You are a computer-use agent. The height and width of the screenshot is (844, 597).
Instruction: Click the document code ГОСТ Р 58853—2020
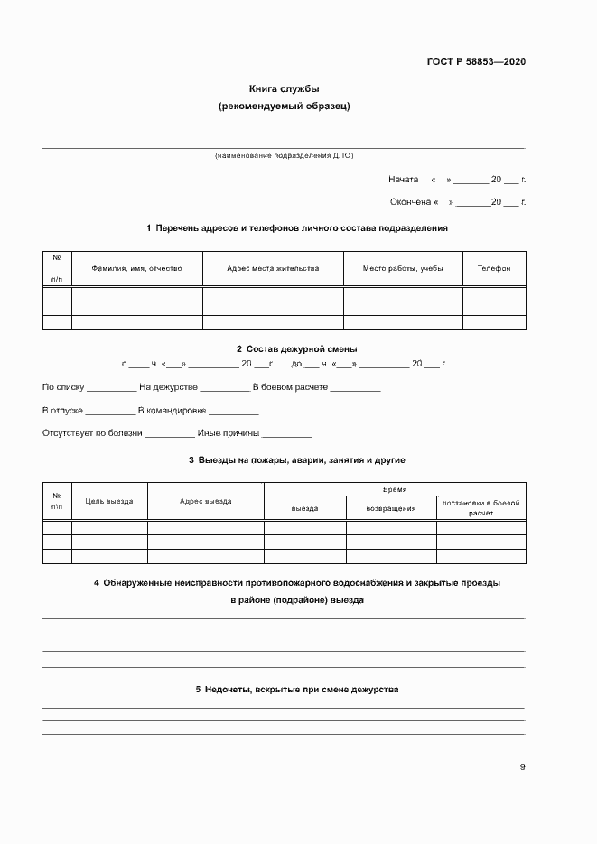[476, 61]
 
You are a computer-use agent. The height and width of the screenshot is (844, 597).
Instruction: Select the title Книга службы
[285, 88]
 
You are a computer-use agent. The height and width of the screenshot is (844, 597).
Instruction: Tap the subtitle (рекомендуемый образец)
[285, 106]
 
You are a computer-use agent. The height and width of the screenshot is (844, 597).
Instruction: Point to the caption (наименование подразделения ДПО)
[284, 156]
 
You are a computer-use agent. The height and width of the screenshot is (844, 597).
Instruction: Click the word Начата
[403, 179]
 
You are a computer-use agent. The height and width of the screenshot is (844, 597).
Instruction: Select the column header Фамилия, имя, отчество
[136, 268]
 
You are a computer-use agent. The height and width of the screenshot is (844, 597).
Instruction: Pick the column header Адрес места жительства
[273, 268]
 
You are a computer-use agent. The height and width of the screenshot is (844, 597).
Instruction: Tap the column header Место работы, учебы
[403, 268]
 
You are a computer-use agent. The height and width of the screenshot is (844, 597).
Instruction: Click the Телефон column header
[494, 268]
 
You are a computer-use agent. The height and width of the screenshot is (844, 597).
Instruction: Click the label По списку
[63, 387]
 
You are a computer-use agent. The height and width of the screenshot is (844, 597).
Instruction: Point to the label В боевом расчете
[290, 387]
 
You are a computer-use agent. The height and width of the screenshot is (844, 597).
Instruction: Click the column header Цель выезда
[109, 501]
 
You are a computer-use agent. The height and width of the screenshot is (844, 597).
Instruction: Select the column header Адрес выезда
[205, 501]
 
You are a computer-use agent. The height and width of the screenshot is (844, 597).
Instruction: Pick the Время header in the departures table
[395, 489]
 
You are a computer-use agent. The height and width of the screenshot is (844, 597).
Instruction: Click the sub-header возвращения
[391, 508]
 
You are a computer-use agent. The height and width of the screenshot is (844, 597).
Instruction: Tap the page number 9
[522, 767]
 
